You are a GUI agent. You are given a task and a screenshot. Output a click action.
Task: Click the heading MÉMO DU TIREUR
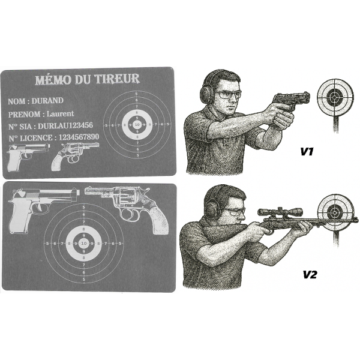pos(87,79)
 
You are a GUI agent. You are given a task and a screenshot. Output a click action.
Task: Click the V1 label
pos(308,152)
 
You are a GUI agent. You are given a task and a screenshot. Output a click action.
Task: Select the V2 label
pos(308,275)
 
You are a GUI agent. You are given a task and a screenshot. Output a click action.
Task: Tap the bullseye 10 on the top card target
pos(137,125)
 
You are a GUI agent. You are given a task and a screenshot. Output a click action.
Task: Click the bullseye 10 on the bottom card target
pos(83,242)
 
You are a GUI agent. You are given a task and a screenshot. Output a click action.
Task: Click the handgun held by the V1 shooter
pos(292,101)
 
